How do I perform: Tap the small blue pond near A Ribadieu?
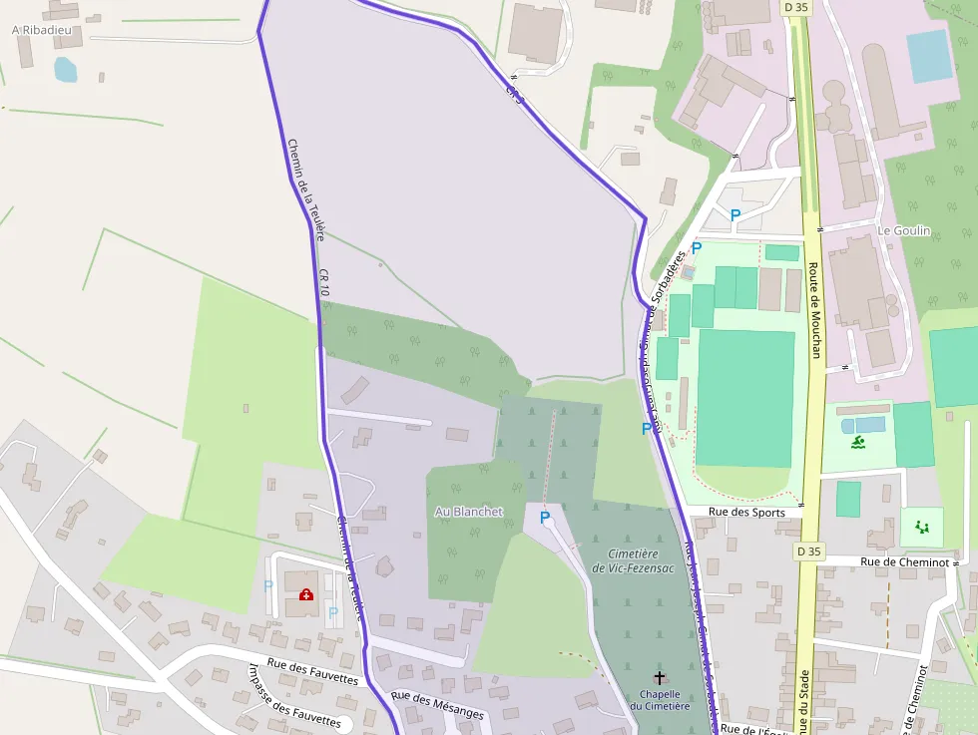coord(65,69)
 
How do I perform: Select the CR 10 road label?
coord(324,282)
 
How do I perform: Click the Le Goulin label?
coord(904,230)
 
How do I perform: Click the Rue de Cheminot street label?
coord(904,561)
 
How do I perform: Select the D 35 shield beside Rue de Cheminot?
coord(809,551)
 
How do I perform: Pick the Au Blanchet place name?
coord(469,512)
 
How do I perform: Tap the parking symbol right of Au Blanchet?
coord(545,518)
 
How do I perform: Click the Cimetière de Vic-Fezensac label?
coord(634,560)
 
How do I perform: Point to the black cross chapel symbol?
coord(659,677)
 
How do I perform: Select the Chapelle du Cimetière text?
coord(660,700)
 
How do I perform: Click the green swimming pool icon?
coord(857,442)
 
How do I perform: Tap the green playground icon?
coord(921,526)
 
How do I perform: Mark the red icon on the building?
coord(305,595)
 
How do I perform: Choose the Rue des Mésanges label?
coord(437,706)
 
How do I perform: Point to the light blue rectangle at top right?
coord(929,55)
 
